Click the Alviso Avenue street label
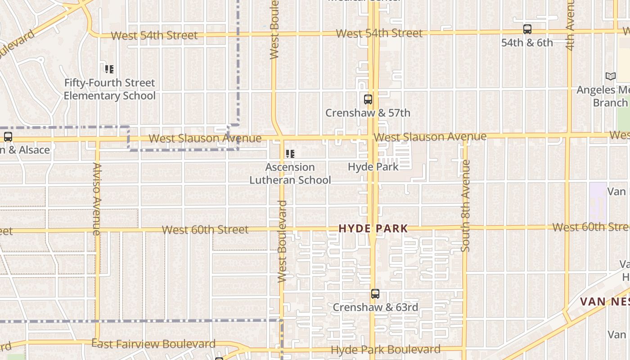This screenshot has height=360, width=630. tap(97, 198)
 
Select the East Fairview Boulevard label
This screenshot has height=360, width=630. tap(153, 344)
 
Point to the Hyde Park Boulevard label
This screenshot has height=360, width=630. tap(386, 350)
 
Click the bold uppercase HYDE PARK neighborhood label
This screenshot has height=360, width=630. tap(373, 229)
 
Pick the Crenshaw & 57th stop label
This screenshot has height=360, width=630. tap(368, 113)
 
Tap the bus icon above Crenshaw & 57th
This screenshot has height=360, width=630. tap(368, 99)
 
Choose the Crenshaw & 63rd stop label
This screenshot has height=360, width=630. tap(375, 307)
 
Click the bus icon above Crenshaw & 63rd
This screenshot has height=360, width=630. tap(375, 294)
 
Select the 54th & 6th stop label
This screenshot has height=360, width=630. tap(527, 43)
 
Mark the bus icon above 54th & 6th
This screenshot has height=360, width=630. tap(527, 29)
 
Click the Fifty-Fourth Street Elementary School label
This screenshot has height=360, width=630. tap(109, 89)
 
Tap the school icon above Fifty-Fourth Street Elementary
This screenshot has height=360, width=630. tap(109, 69)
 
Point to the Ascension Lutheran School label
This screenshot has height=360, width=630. tap(290, 174)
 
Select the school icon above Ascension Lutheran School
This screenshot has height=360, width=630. tap(290, 154)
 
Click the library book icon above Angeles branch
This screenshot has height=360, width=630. tap(611, 76)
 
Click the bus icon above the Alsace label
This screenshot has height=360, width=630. tap(8, 137)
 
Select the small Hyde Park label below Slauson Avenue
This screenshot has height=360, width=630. tap(373, 167)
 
